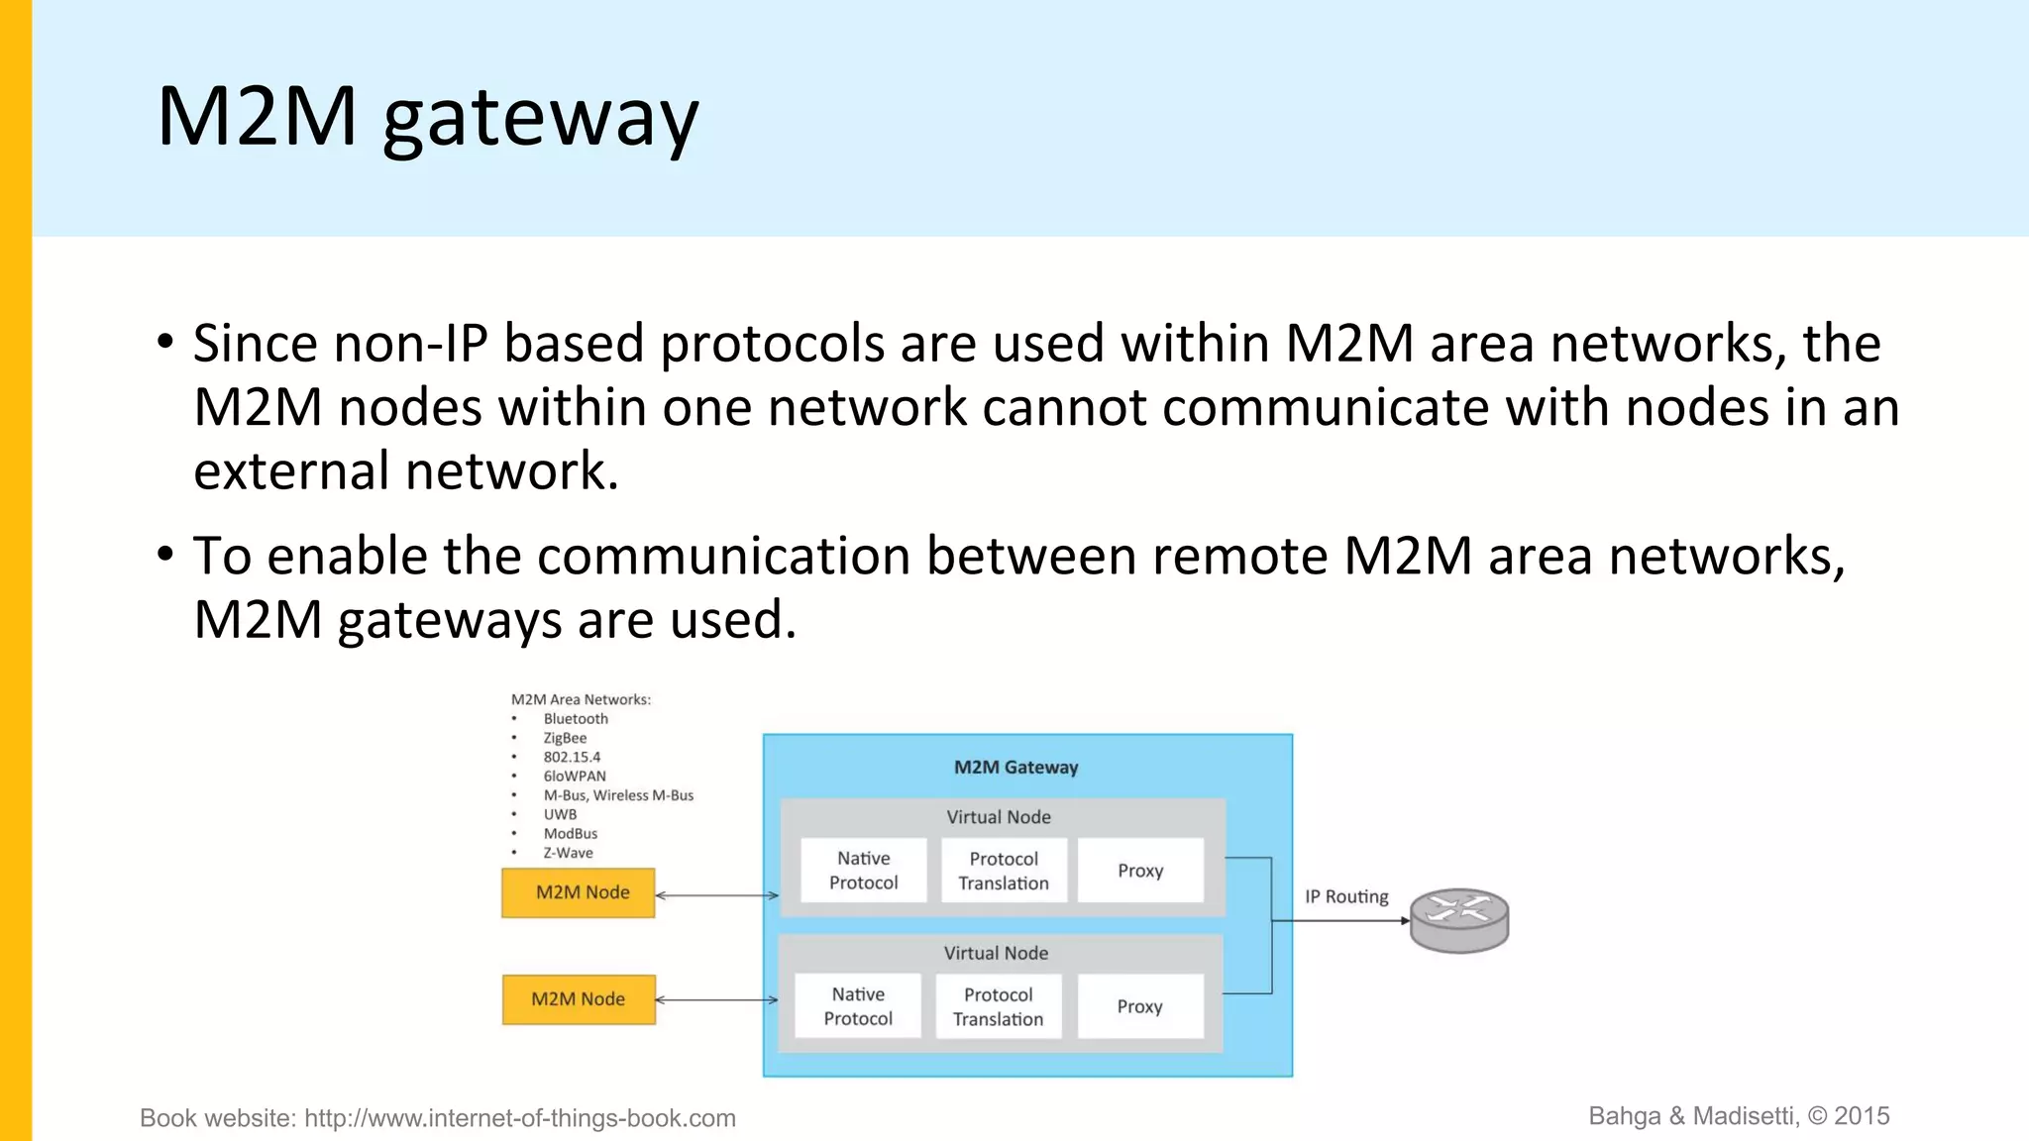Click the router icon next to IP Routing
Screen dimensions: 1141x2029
click(1459, 920)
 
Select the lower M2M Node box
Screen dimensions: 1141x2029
click(579, 999)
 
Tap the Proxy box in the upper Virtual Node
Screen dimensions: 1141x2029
click(1140, 871)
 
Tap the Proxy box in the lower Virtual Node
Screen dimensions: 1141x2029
click(1140, 1006)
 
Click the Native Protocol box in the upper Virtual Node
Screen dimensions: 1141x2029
click(863, 871)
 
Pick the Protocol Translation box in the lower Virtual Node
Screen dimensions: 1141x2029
click(998, 1006)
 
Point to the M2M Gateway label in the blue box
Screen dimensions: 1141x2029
click(1015, 768)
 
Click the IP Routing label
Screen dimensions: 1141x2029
click(1345, 896)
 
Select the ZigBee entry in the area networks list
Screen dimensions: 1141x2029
click(565, 738)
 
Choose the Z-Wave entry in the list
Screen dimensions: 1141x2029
click(568, 853)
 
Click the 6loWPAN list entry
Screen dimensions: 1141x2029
click(575, 777)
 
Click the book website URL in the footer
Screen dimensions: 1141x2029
click(519, 1118)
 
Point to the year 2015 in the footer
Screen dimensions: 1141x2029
click(1862, 1116)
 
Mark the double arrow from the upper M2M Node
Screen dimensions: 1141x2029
click(717, 895)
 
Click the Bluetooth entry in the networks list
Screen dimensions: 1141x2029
click(576, 719)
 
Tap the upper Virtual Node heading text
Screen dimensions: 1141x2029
click(998, 817)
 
